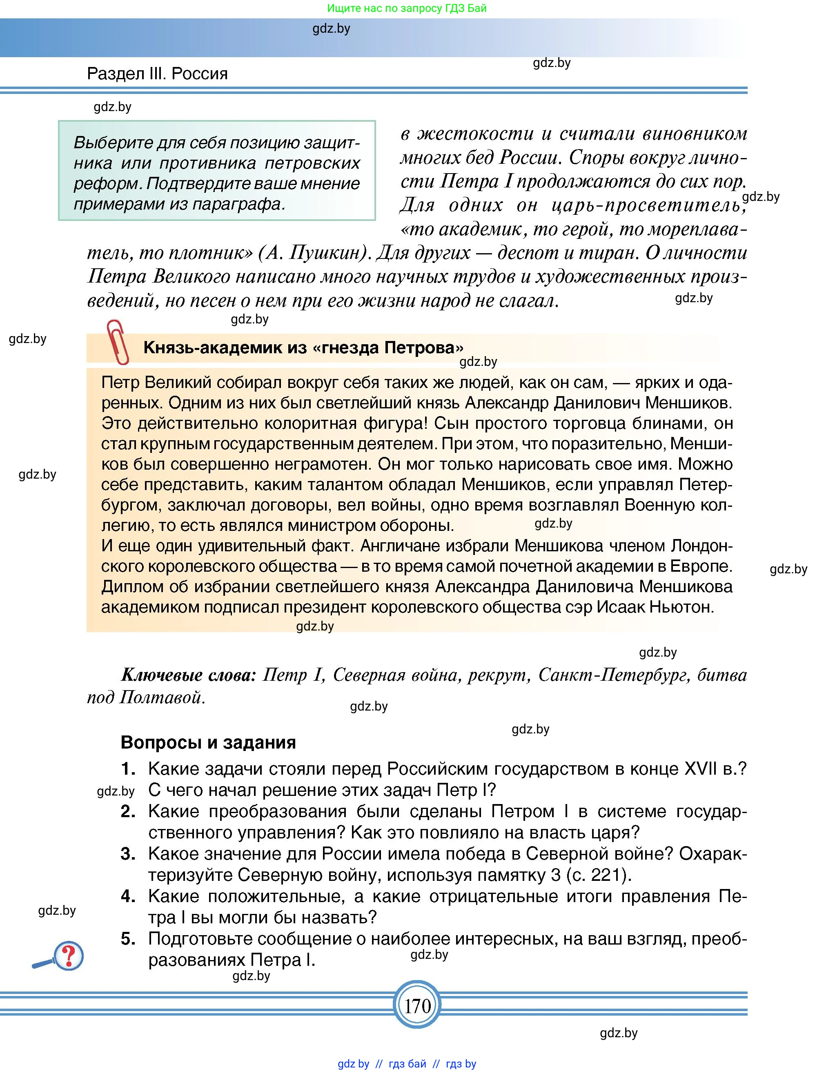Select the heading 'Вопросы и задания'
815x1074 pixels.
pos(208,742)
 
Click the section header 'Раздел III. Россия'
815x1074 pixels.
pos(157,74)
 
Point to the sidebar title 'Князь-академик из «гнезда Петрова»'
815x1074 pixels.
pos(303,347)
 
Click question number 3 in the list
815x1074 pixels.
pos(128,853)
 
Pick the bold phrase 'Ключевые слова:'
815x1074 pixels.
pos(188,674)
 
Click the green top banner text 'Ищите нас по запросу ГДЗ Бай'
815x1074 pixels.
pos(407,8)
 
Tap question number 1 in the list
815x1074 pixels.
pos(128,769)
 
